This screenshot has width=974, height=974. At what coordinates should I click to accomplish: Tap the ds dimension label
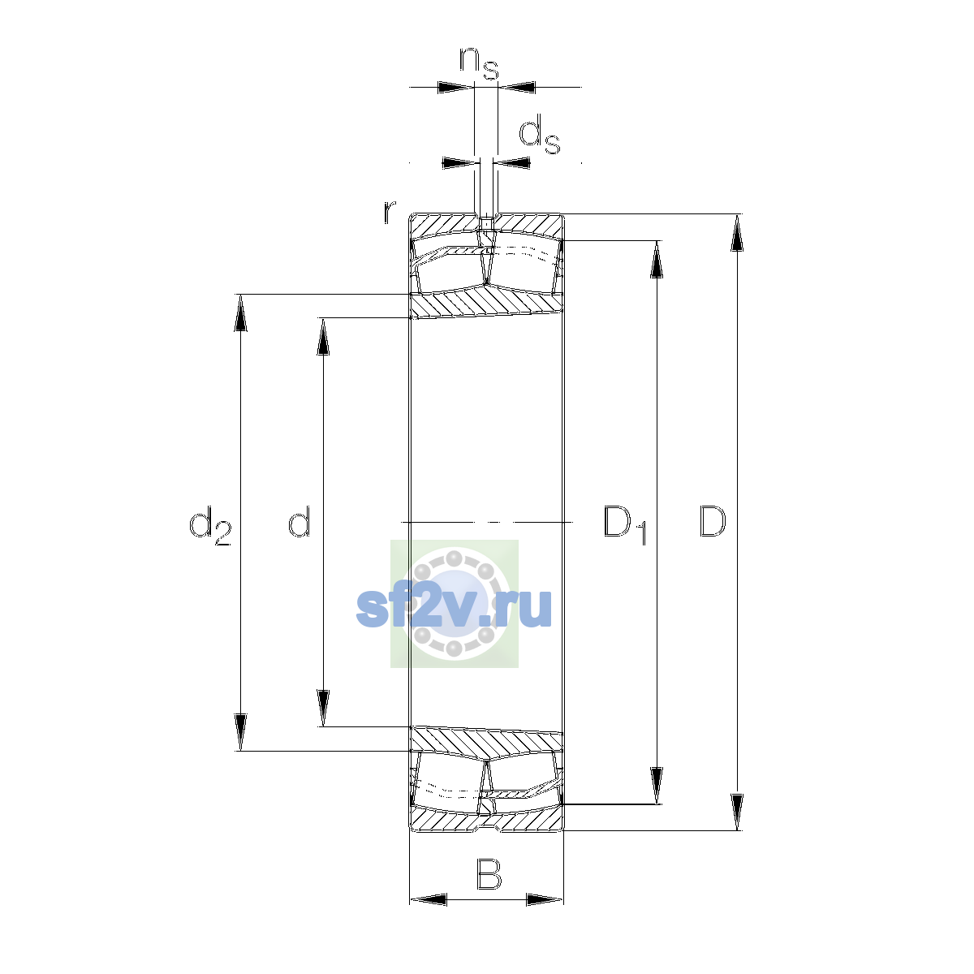539,134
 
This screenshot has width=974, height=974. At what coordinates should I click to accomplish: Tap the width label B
489,874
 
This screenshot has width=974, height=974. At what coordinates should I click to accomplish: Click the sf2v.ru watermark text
454,608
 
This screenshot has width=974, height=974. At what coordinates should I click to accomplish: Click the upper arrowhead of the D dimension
737,232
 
